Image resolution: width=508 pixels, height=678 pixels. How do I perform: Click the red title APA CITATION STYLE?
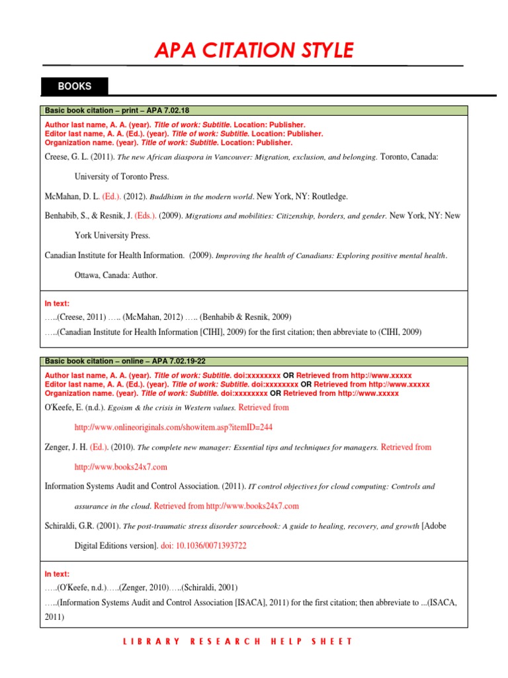click(254, 50)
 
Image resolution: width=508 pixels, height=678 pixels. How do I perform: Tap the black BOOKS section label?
click(74, 86)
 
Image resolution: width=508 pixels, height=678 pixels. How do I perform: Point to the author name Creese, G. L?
click(66, 158)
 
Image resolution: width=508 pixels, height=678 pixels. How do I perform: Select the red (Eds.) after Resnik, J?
click(146, 216)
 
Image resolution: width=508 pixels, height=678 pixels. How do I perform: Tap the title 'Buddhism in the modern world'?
click(201, 197)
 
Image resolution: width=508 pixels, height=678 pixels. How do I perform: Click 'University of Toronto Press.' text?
click(122, 177)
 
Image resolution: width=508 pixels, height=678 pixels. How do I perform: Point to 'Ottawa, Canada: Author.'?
click(116, 275)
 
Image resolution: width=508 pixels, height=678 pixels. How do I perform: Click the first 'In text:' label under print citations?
click(57, 303)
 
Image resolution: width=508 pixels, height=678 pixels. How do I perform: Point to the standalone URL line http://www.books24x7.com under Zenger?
click(121, 467)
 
